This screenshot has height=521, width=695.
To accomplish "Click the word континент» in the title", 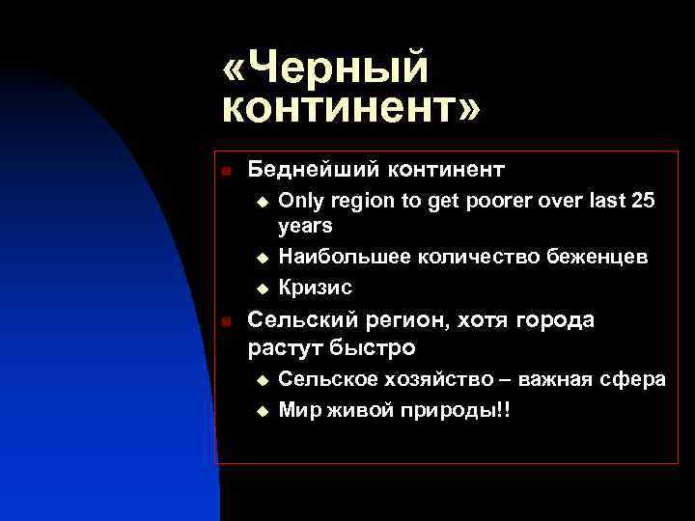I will [x=350, y=109].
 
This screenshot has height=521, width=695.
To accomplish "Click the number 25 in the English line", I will [x=641, y=202].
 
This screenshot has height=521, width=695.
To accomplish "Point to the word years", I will [x=305, y=227].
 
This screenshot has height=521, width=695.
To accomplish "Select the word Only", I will [x=301, y=202].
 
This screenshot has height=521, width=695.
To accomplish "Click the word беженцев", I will [x=600, y=258].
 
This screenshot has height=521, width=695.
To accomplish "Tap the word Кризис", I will [x=316, y=288].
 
